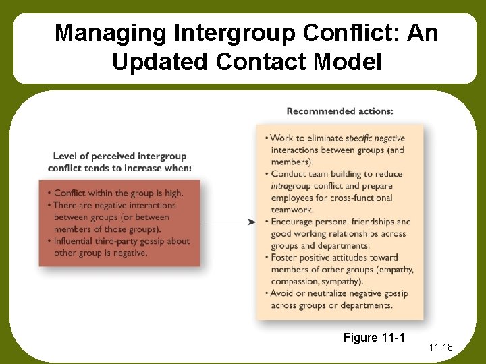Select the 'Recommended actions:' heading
click(x=340, y=111)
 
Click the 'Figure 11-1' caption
click(x=373, y=337)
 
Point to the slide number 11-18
click(x=440, y=347)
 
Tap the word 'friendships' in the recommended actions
click(x=370, y=222)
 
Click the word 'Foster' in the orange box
click(x=285, y=257)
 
